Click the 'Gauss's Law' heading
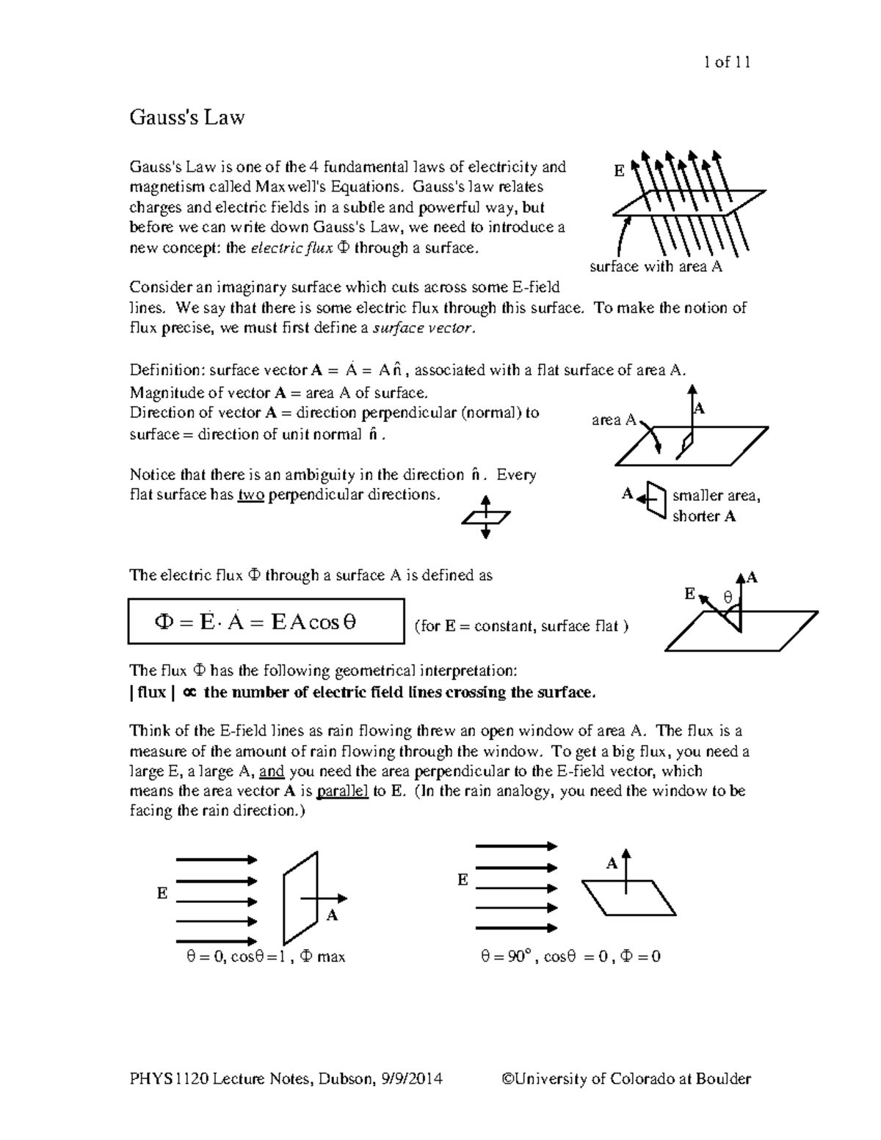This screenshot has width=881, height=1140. coord(186,117)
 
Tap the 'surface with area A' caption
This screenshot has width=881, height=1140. coord(656,267)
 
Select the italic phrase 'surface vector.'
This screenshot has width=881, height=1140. coord(425,328)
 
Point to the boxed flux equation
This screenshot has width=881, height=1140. coord(266,622)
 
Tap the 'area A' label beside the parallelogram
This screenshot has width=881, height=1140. coord(614,420)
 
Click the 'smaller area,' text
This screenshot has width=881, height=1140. coord(716,495)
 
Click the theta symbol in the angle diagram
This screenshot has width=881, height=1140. coord(728,598)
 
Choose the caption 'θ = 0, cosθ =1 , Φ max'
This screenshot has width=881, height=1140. coord(266,957)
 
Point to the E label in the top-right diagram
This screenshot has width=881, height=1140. coord(619,172)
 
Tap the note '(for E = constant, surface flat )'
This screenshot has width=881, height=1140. coord(521,626)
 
